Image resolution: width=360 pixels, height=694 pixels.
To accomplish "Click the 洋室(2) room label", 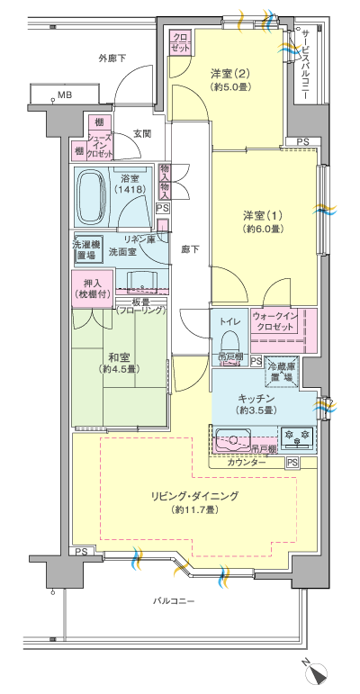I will [x=229, y=79].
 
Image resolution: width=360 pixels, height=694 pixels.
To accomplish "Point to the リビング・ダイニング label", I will [x=194, y=502].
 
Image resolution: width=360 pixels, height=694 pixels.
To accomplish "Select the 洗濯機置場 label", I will [x=86, y=248].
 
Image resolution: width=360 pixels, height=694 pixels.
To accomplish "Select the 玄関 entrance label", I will [x=142, y=133].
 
